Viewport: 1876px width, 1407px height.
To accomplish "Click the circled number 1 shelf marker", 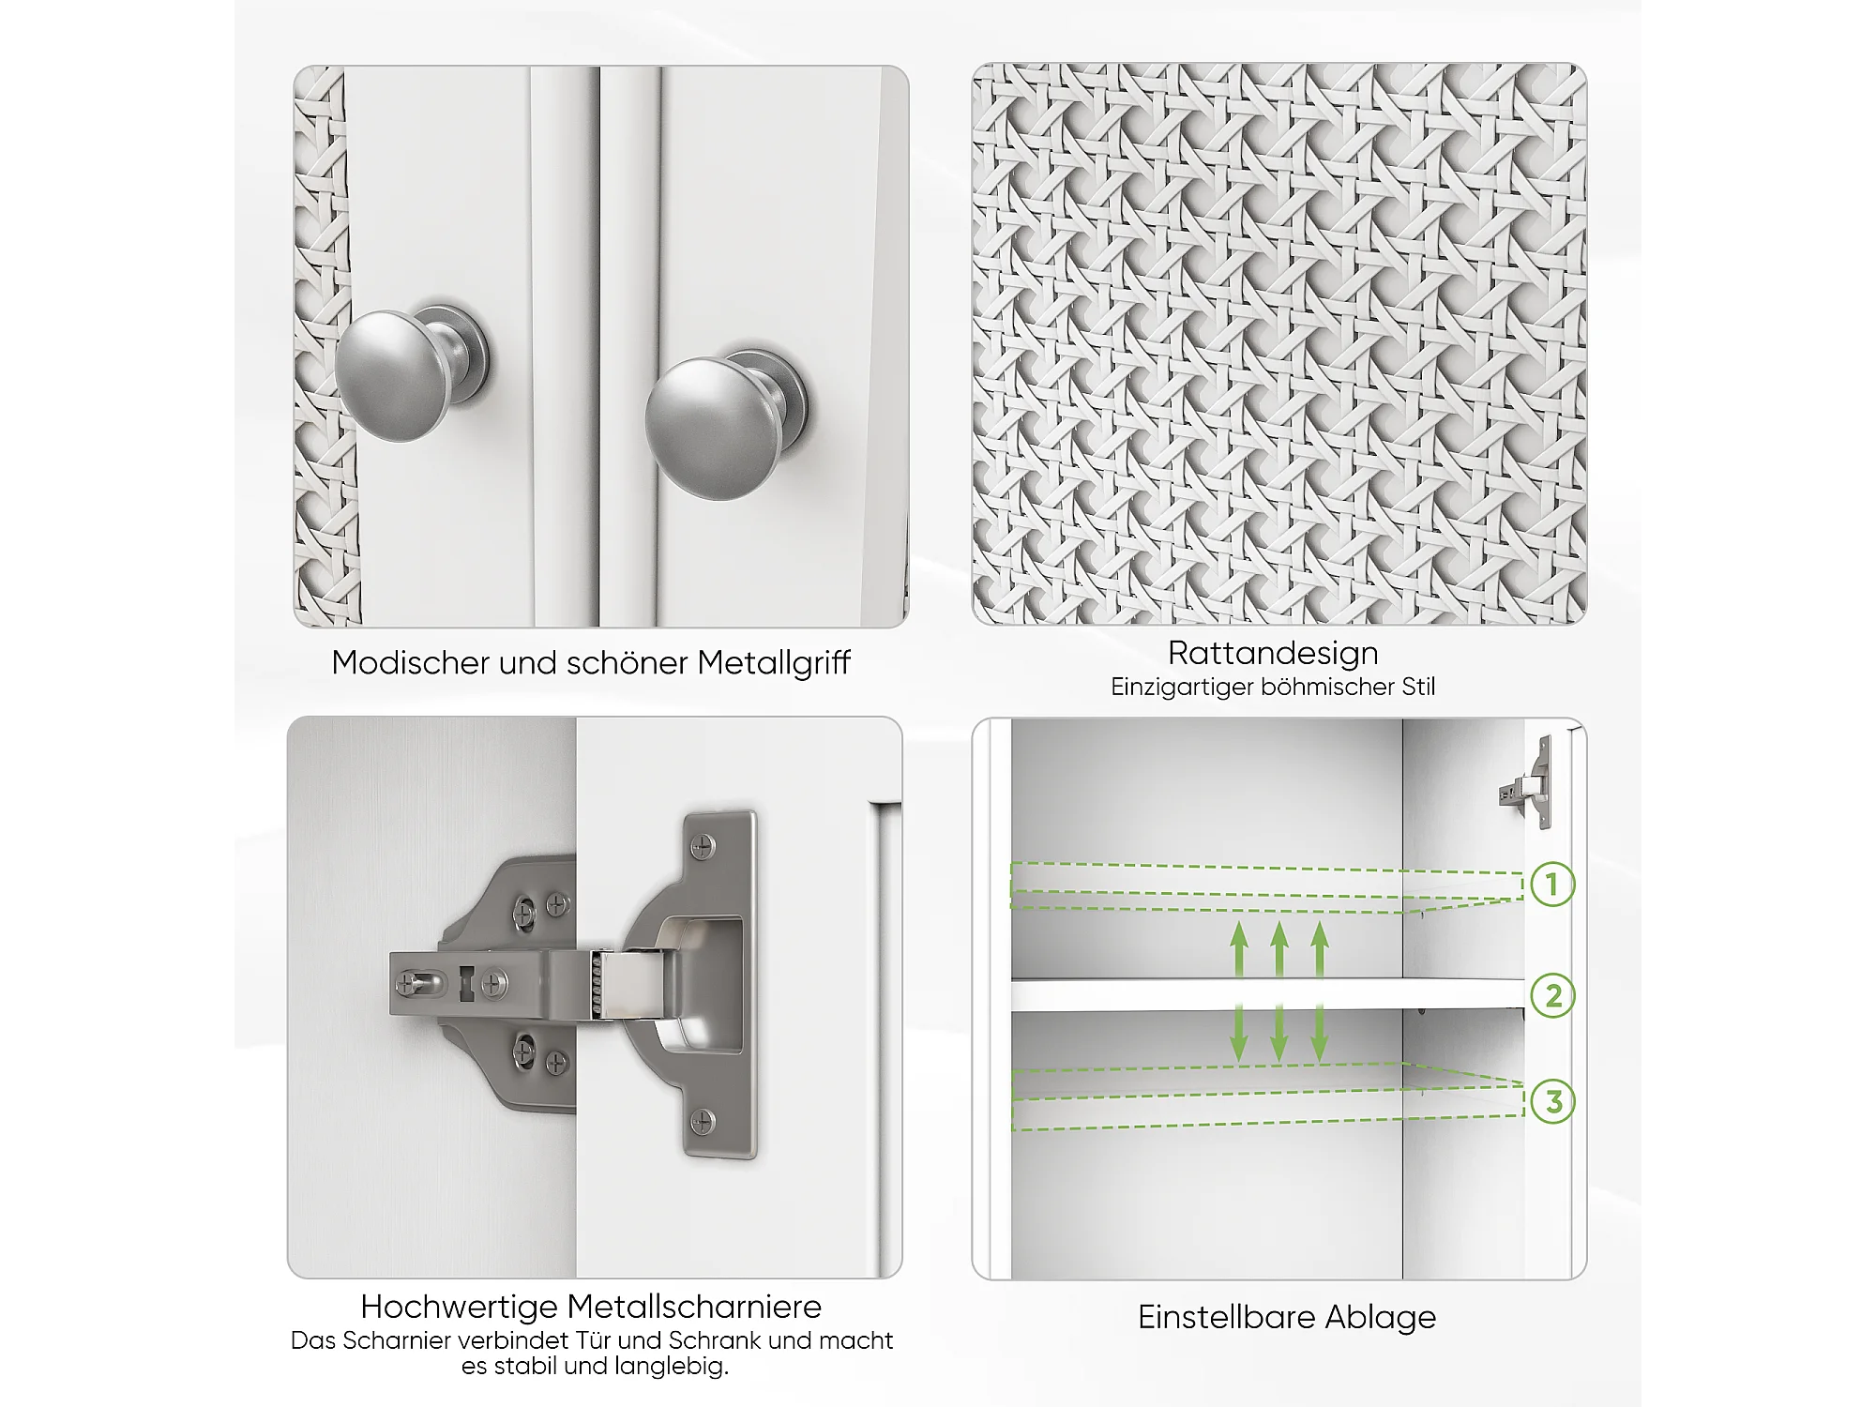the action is point(1552,884).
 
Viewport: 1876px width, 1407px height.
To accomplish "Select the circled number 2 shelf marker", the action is point(1552,995).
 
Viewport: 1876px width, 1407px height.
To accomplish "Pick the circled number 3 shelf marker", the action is point(1553,1101).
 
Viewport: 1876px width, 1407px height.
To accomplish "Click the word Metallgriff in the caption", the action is point(774,663).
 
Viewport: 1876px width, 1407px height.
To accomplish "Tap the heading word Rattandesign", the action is point(1273,653).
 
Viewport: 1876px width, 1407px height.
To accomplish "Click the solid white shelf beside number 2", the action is point(1267,995).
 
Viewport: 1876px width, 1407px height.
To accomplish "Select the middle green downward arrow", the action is point(1279,1033).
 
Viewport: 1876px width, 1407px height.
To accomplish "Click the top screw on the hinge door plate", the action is point(703,847).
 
